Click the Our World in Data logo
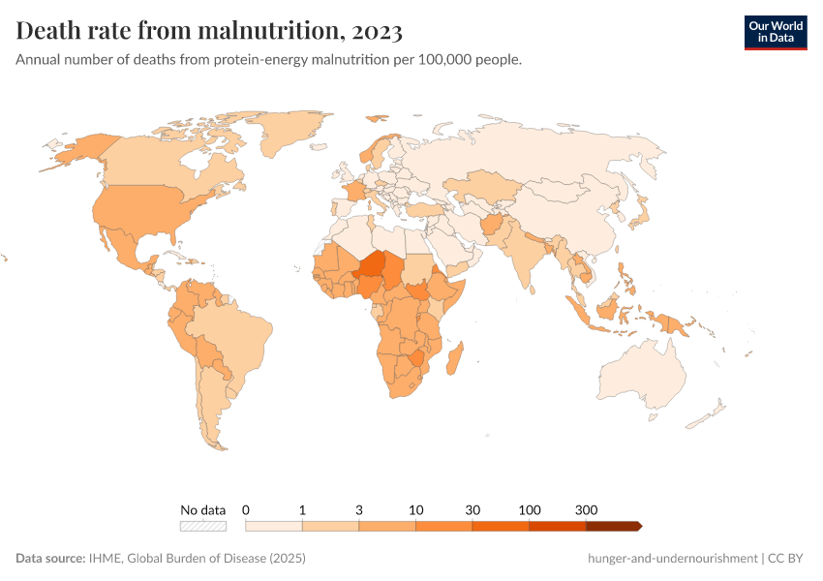coord(775,31)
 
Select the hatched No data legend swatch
coord(203,526)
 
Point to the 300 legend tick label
coord(586,509)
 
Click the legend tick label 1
coord(302,509)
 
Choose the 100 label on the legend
coord(529,509)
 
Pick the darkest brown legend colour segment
coord(612,526)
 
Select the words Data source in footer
coord(48,559)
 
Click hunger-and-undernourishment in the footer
coord(672,559)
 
